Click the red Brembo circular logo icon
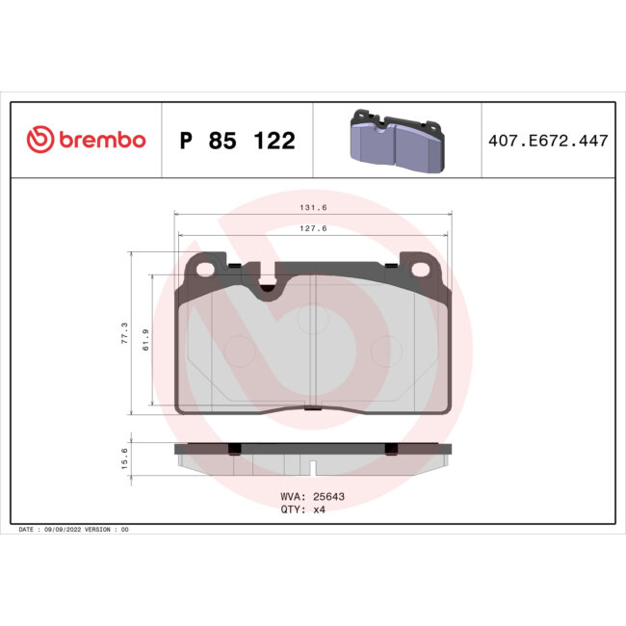(40, 141)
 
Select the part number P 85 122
(237, 142)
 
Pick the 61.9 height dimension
(145, 339)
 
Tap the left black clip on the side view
(234, 449)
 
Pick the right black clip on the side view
(390, 449)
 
